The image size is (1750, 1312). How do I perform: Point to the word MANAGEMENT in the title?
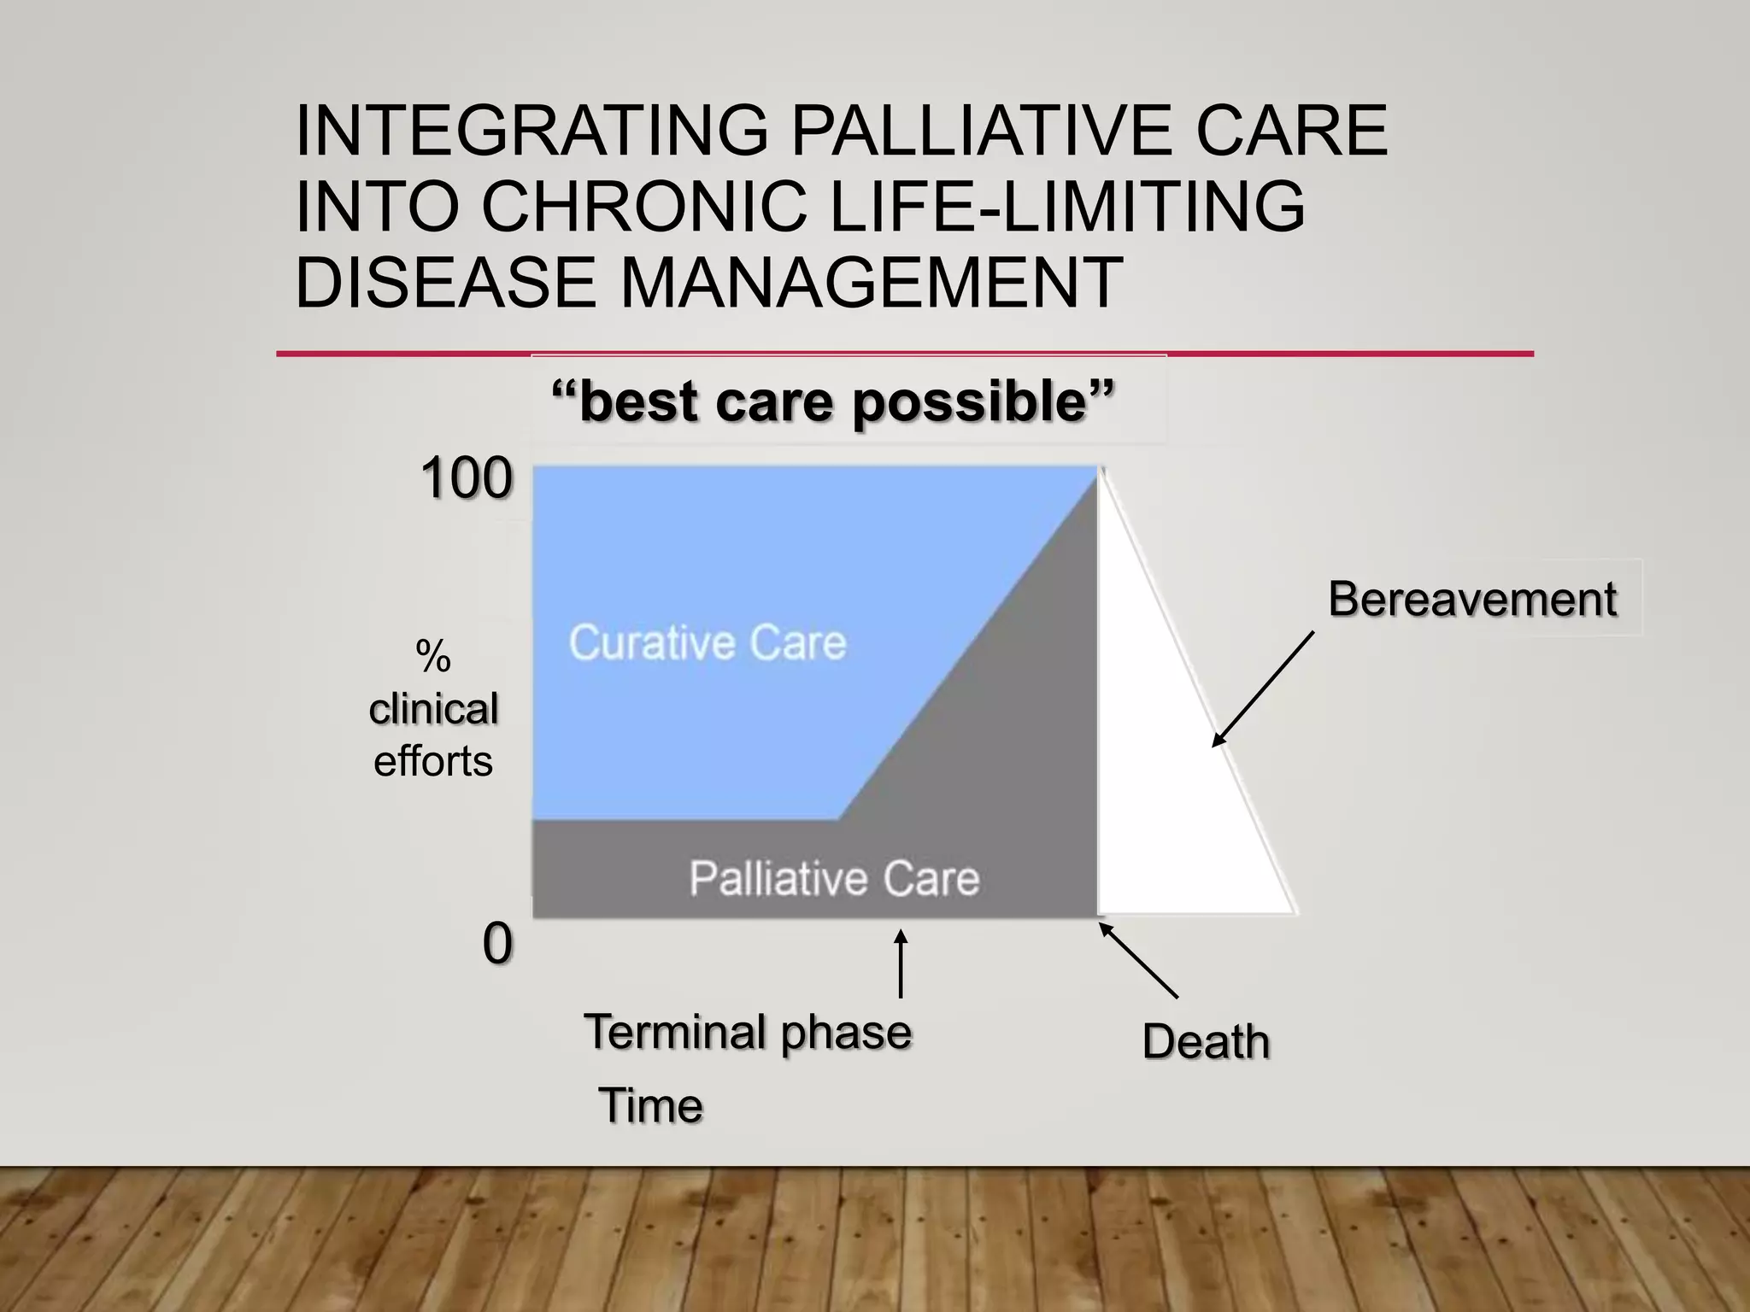tap(871, 283)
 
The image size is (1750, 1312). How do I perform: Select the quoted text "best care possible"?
tap(833, 401)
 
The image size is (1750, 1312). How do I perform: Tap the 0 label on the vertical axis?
tap(497, 944)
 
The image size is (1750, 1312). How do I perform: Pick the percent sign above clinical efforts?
tap(433, 657)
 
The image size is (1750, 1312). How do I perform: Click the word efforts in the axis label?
tap(433, 761)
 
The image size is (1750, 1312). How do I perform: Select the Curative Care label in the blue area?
tap(708, 642)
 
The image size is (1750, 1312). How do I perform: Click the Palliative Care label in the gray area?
tap(834, 879)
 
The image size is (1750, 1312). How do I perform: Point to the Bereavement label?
tap(1471, 599)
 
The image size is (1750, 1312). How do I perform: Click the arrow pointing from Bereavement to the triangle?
tap(1263, 689)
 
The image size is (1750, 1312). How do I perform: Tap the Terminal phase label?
tap(748, 1032)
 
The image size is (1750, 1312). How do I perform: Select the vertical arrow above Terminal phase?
tap(901, 963)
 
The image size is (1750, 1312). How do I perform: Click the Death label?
tap(1206, 1042)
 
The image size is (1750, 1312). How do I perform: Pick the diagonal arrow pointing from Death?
tap(1138, 960)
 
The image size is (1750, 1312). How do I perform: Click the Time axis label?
tap(650, 1106)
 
